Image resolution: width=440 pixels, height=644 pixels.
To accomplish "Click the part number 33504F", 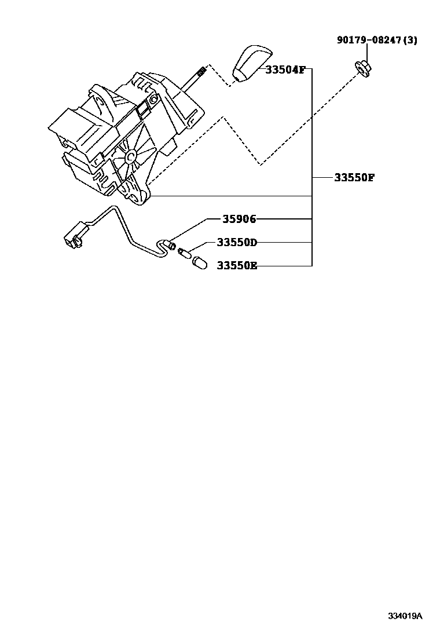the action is click(x=285, y=69).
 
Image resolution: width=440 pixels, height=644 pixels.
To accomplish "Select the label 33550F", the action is click(x=354, y=178).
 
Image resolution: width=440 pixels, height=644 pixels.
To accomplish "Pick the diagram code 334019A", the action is click(x=405, y=616).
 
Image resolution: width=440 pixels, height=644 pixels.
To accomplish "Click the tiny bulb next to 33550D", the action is click(x=184, y=253).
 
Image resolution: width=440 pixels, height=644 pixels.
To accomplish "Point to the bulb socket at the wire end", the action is click(x=171, y=246).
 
